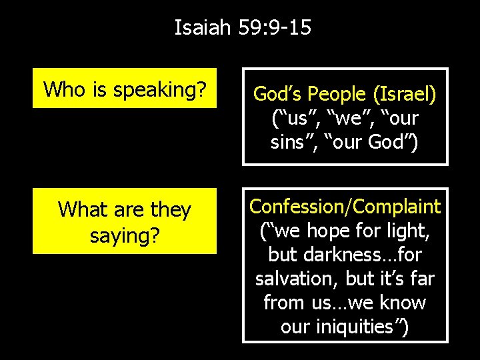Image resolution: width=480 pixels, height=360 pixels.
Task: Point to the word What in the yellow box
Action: tap(83, 209)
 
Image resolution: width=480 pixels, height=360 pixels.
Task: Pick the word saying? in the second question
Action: tap(125, 234)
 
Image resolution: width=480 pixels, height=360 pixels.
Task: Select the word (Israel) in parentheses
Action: tap(404, 95)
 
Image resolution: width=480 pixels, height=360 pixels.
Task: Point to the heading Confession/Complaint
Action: tap(345, 207)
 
